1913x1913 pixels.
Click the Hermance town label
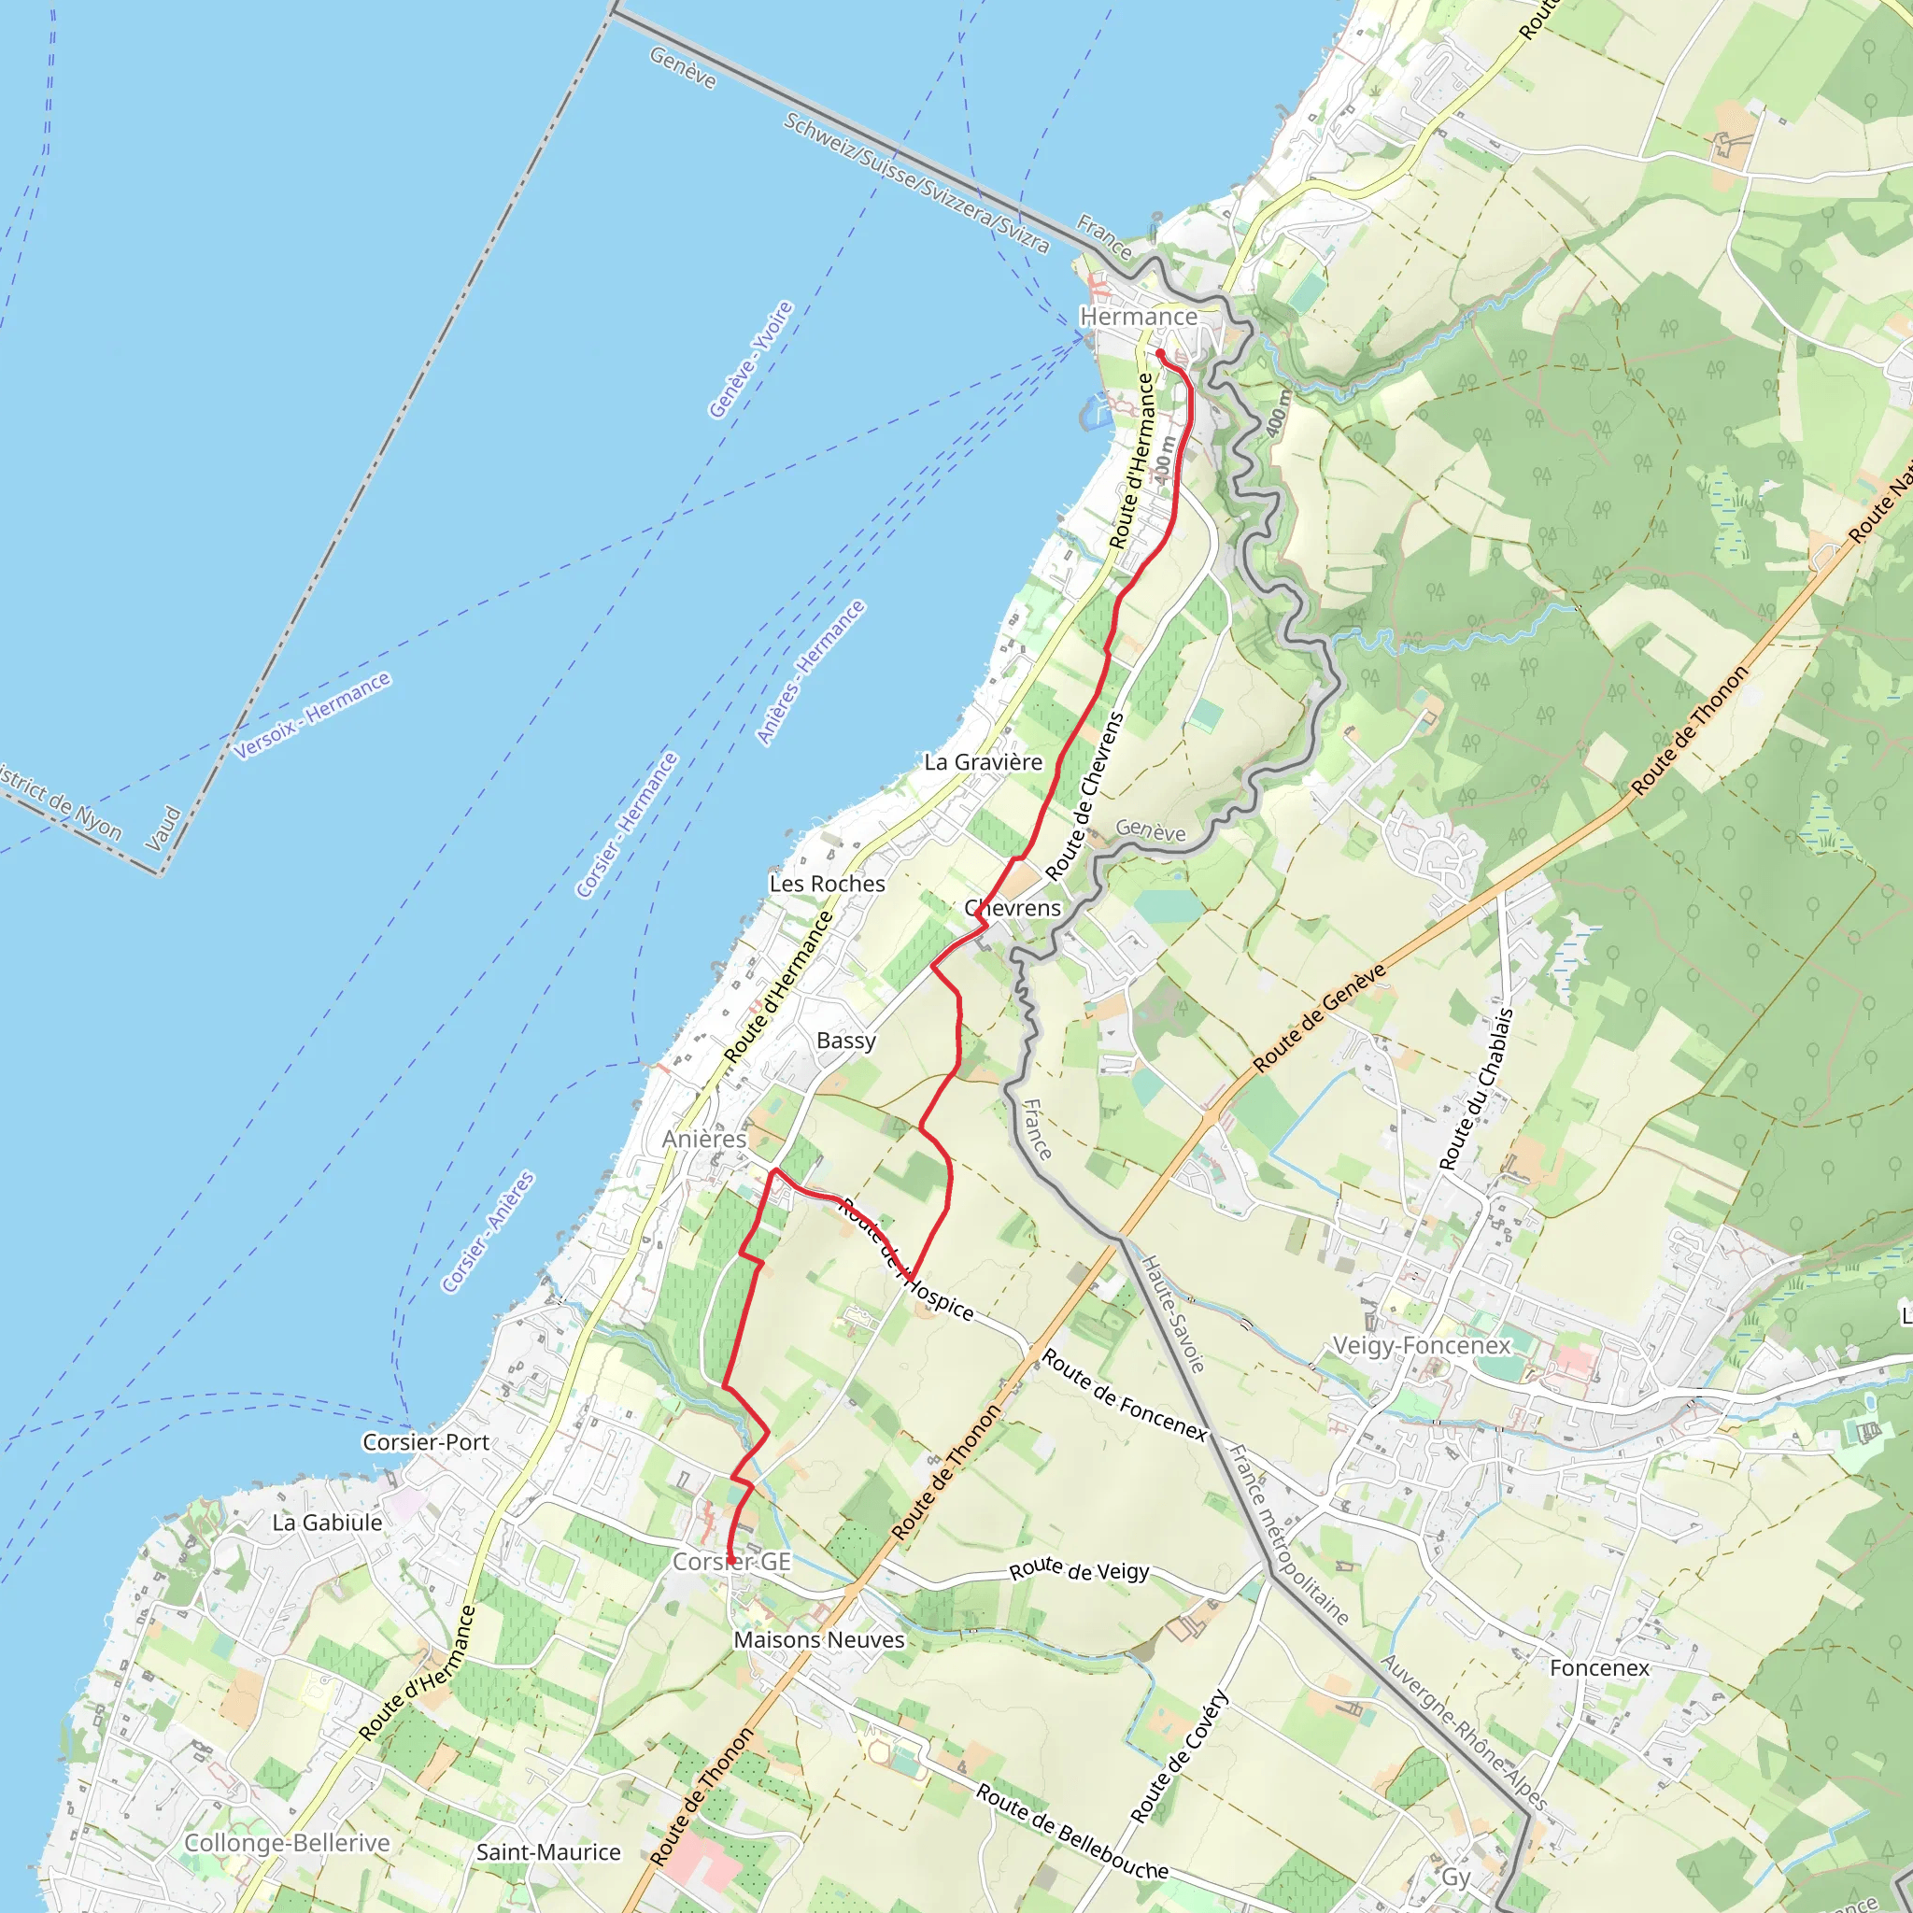pos(1138,317)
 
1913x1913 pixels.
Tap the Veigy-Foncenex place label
pos(1421,1345)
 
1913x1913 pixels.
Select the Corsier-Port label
pos(426,1441)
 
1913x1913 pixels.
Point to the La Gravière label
pos(983,761)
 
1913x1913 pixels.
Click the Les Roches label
pos(827,884)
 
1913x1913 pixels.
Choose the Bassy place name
pos(845,1040)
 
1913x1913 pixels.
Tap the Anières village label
pos(704,1139)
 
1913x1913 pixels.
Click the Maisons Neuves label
pos(819,1638)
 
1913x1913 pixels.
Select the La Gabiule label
pos(327,1522)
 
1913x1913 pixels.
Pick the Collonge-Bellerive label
pos(287,1843)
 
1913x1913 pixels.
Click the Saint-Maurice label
pos(548,1851)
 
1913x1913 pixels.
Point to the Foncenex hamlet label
pos(1599,1667)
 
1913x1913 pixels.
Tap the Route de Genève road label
pos(1319,1018)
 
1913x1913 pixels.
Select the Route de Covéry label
pos(1180,1758)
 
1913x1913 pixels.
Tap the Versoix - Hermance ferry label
pos(313,715)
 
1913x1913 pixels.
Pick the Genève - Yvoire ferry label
pos(751,360)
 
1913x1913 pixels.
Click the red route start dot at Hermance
pos(1159,352)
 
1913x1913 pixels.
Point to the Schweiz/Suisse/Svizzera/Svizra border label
pos(916,183)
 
